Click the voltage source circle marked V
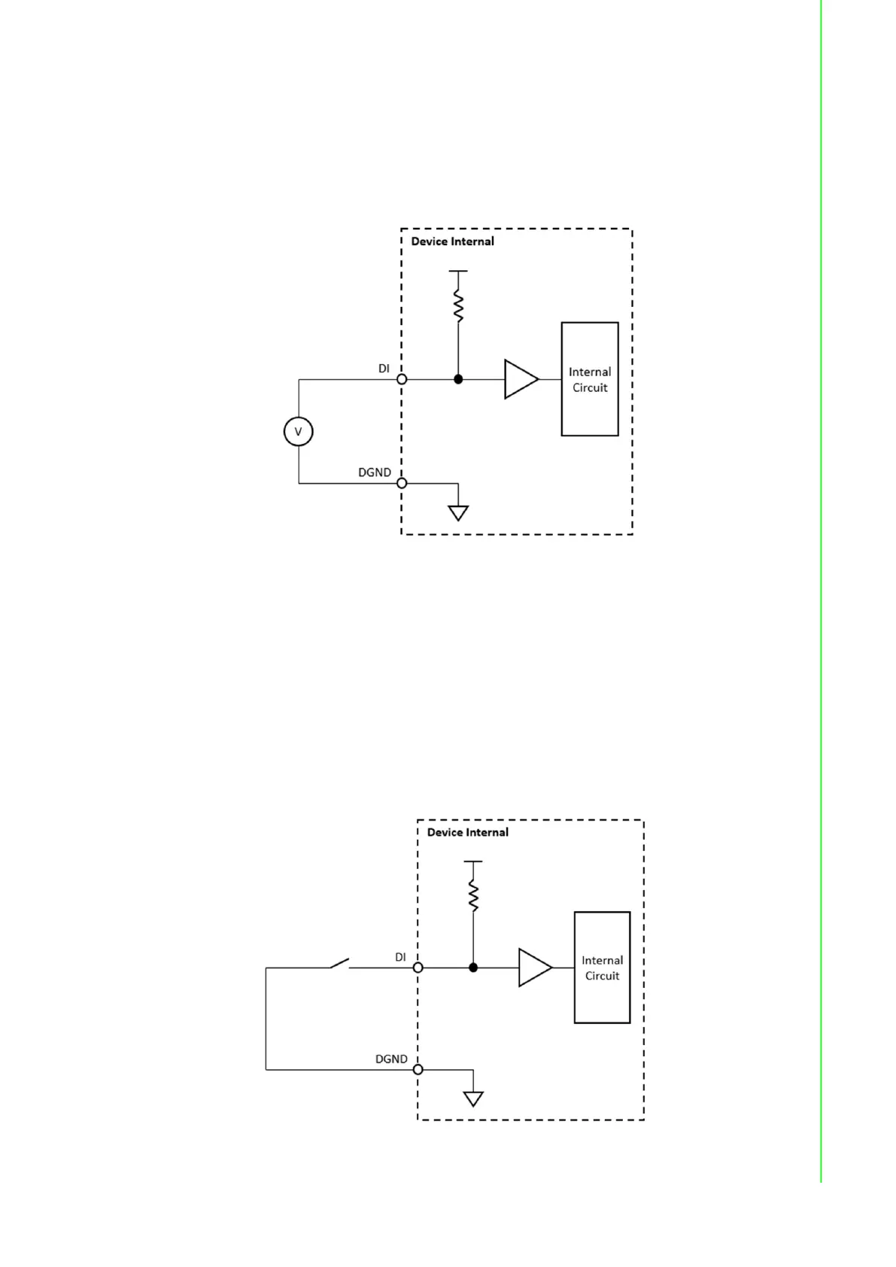(299, 432)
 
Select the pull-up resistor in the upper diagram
(458, 306)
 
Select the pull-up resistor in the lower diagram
(473, 896)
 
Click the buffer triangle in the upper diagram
(520, 379)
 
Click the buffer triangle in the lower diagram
(533, 968)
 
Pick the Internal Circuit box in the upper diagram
(590, 379)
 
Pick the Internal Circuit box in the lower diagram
(602, 968)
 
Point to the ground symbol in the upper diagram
(458, 513)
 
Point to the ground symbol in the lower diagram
(473, 1099)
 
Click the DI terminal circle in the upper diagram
(402, 379)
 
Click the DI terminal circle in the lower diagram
(418, 968)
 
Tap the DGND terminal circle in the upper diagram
(402, 483)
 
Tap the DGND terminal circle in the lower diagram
(418, 1069)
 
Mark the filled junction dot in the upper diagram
(458, 379)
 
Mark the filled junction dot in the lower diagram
(473, 968)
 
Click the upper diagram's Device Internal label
(452, 242)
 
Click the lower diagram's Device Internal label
(467, 832)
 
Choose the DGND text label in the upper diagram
(374, 472)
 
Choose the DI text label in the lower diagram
(400, 957)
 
